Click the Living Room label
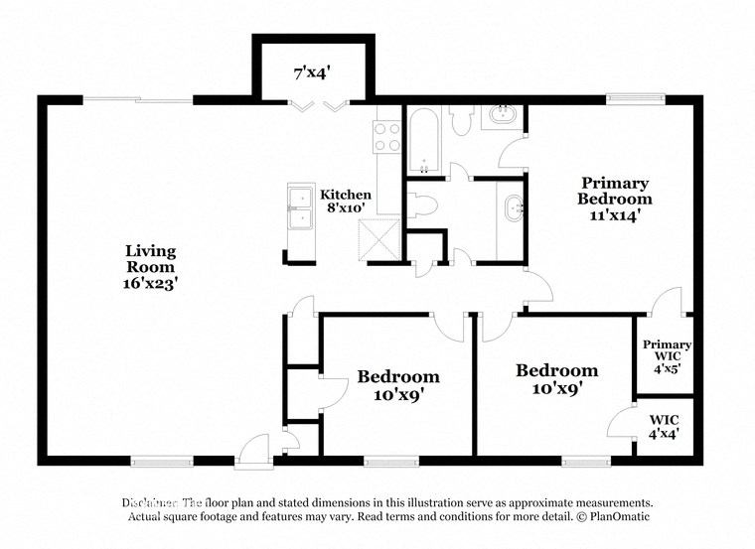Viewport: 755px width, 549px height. point(151,267)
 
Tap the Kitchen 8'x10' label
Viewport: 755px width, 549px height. point(346,202)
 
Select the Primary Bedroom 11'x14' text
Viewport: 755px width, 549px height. point(615,198)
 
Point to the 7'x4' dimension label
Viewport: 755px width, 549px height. point(313,72)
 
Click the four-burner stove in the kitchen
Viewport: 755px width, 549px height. point(385,136)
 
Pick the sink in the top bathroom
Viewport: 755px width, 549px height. point(502,117)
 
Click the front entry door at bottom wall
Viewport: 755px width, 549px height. point(254,450)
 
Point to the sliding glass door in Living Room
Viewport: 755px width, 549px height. point(137,99)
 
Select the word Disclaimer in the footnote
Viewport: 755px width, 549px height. point(149,503)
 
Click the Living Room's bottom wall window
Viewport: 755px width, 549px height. point(161,461)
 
